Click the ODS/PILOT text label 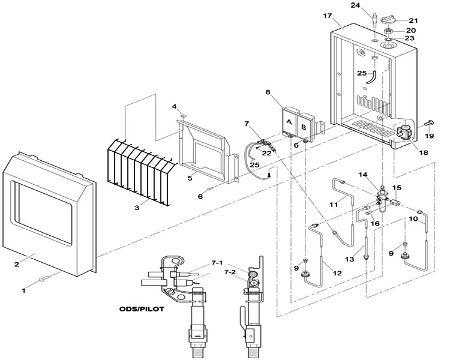[142, 309]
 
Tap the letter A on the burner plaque [289, 122]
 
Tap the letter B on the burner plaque [304, 127]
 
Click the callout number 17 [328, 16]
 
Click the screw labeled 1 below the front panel [44, 278]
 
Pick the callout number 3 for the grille [137, 207]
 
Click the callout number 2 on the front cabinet [16, 264]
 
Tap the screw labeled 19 [430, 124]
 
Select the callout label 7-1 [217, 263]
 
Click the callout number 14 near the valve [362, 175]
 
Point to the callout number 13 [350, 259]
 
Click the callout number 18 [424, 152]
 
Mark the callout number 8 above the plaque [268, 92]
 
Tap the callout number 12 [337, 273]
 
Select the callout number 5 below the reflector [190, 178]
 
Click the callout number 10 [413, 219]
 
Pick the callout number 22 [266, 153]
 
